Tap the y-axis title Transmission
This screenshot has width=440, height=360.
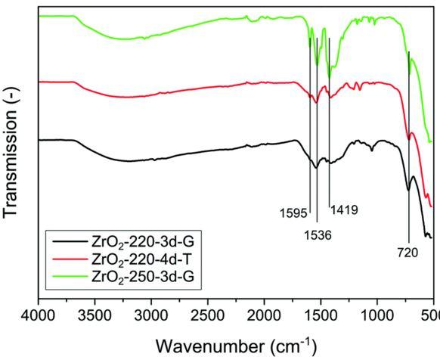point(11,154)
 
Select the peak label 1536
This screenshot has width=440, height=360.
point(318,234)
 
